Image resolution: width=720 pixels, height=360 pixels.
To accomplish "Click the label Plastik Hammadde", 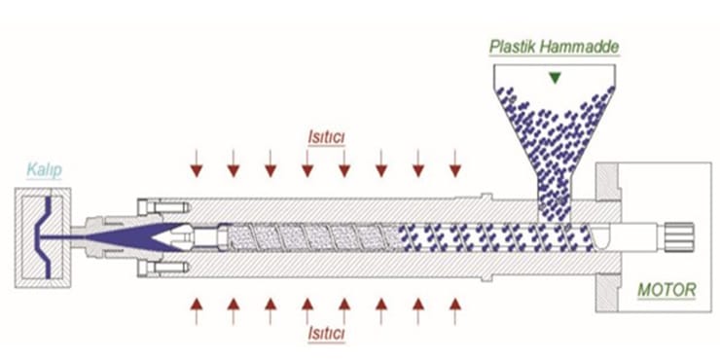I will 554,46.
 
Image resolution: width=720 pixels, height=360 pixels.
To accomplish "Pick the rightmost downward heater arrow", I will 454,164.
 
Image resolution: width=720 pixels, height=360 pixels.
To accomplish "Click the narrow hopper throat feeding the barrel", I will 554,195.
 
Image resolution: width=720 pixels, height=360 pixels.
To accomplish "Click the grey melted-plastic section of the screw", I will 311,236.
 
